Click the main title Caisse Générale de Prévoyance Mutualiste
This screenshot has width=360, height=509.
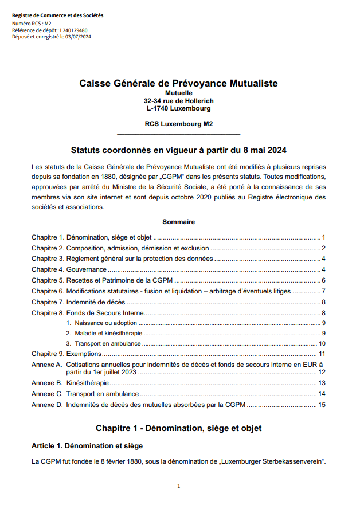pyautogui.click(x=178, y=84)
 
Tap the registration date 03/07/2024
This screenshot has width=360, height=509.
pyautogui.click(x=79, y=37)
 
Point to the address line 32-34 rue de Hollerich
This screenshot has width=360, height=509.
pyautogui.click(x=178, y=101)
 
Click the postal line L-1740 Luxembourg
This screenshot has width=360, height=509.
pyautogui.click(x=178, y=108)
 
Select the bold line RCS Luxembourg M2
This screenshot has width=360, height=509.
pyautogui.click(x=178, y=123)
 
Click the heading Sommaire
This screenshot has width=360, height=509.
pyautogui.click(x=178, y=222)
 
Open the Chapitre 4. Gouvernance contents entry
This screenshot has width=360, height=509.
pyautogui.click(x=69, y=269)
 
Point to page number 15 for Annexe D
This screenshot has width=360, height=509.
pyautogui.click(x=322, y=405)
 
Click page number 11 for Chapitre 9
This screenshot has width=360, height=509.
pyautogui.click(x=322, y=354)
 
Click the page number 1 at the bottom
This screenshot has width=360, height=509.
pyautogui.click(x=179, y=486)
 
